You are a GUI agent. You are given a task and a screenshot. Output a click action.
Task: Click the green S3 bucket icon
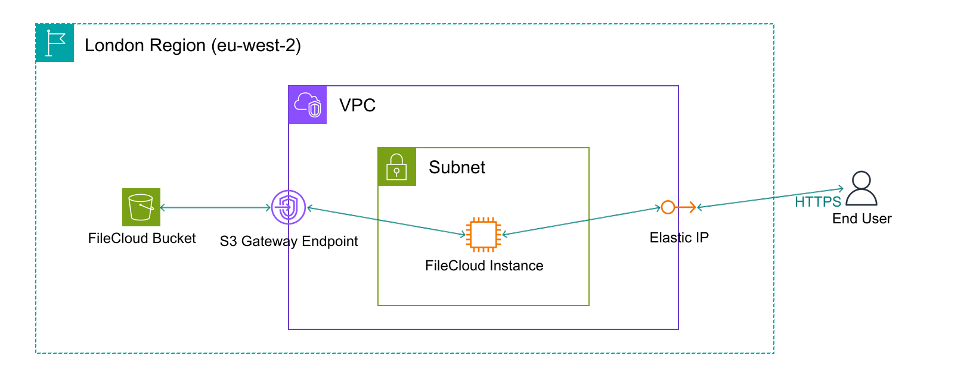[141, 207]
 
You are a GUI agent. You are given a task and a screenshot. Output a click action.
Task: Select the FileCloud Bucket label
[142, 238]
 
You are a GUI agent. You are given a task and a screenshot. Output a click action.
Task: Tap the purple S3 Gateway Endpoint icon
[289, 208]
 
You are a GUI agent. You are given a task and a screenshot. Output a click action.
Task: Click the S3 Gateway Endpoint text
[289, 241]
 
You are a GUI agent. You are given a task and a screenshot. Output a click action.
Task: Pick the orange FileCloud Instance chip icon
[483, 234]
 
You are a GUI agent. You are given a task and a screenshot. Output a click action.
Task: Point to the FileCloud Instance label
[484, 266]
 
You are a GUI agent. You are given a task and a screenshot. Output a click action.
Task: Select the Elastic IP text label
[679, 238]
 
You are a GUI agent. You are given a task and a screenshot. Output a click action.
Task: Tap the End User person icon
[861, 189]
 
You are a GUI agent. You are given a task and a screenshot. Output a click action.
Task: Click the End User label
[861, 219]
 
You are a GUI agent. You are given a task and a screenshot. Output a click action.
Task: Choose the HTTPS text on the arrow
[817, 202]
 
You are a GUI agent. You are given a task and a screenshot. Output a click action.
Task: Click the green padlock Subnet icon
[396, 167]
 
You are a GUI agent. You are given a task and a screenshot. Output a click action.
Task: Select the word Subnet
[457, 167]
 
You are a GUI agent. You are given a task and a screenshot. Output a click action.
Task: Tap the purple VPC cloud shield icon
[308, 105]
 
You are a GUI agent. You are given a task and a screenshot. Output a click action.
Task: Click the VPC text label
[357, 105]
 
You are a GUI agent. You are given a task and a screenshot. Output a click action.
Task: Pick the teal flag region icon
[55, 43]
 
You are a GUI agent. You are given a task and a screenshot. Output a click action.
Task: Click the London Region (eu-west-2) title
[193, 45]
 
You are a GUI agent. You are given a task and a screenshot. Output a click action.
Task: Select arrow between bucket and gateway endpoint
[215, 207]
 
